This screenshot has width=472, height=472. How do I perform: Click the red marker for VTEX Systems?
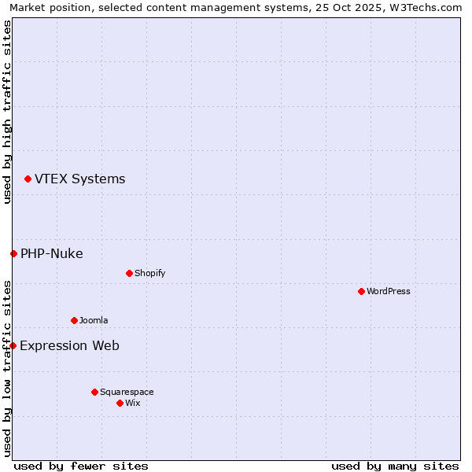pyautogui.click(x=28, y=179)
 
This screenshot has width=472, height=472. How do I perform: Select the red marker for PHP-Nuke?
pyautogui.click(x=13, y=253)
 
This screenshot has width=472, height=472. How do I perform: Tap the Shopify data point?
pyautogui.click(x=129, y=274)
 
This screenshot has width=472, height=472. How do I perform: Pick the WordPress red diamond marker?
pyautogui.click(x=361, y=292)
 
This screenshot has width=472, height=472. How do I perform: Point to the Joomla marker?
pyautogui.click(x=74, y=321)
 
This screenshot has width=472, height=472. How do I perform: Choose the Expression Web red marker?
pyautogui.click(x=13, y=345)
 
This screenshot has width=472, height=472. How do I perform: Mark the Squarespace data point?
pyautogui.click(x=94, y=392)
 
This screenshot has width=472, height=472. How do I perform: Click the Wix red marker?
pyautogui.click(x=120, y=404)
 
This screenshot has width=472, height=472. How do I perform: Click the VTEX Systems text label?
pyautogui.click(x=79, y=179)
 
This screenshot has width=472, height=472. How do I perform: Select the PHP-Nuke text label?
pyautogui.click(x=51, y=253)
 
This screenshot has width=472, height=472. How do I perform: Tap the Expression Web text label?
pyautogui.click(x=69, y=345)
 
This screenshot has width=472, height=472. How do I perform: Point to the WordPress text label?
pyautogui.click(x=389, y=292)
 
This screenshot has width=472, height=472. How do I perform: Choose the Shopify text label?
pyautogui.click(x=149, y=274)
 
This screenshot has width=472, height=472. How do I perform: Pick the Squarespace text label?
pyautogui.click(x=127, y=392)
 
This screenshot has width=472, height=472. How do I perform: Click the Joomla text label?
pyautogui.click(x=94, y=321)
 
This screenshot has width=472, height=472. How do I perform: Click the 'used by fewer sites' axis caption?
pyautogui.click(x=81, y=466)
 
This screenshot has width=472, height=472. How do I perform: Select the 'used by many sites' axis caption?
pyautogui.click(x=395, y=466)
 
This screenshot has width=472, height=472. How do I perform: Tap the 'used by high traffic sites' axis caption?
pyautogui.click(x=7, y=112)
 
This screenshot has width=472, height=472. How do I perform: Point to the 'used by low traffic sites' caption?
pyautogui.click(x=7, y=368)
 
